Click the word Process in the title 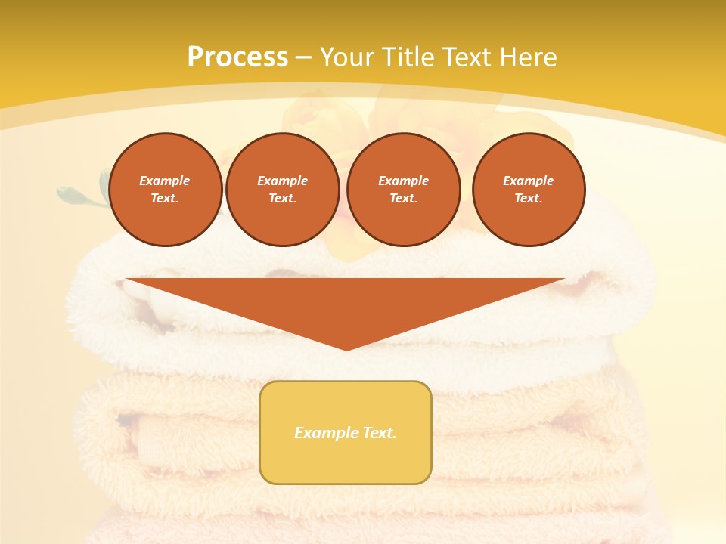click(237, 57)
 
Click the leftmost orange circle click(166, 190)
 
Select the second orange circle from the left click(283, 190)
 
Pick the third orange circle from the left click(404, 190)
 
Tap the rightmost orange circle click(529, 190)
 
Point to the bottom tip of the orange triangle click(346, 349)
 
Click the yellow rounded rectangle click(346, 432)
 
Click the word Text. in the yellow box click(380, 433)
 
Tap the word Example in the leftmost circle click(165, 181)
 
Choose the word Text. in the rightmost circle click(529, 198)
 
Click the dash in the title click(304, 57)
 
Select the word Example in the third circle click(404, 181)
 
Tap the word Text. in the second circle click(283, 198)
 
